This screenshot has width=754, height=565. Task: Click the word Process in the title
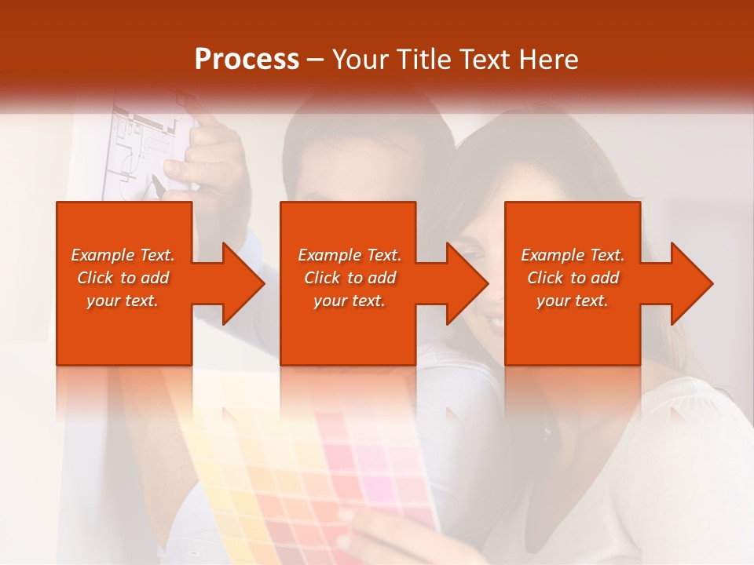[x=247, y=60]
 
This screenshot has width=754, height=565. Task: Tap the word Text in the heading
[x=489, y=60]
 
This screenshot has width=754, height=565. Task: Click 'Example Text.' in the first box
[x=123, y=255]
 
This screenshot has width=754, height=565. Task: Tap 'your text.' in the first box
[x=123, y=301]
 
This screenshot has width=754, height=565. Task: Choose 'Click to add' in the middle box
[x=350, y=278]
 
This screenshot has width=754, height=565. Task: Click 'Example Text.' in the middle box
[x=350, y=255]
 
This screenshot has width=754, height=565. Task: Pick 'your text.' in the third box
[x=573, y=301]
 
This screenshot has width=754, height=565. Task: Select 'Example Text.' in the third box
[x=573, y=255]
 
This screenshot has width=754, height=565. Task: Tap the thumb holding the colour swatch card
[x=346, y=522]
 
